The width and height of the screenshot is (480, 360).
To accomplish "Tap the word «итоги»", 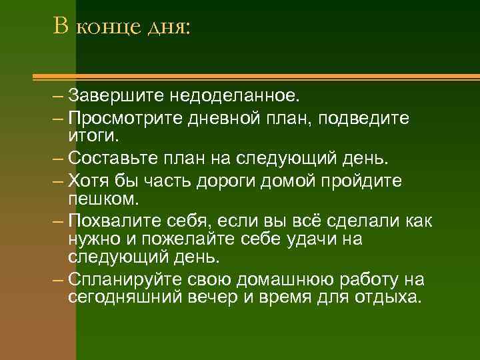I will pos(93,136).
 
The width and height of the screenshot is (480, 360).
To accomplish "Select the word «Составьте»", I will pos(110,159).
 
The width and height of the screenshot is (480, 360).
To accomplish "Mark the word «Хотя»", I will pos(87,181).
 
